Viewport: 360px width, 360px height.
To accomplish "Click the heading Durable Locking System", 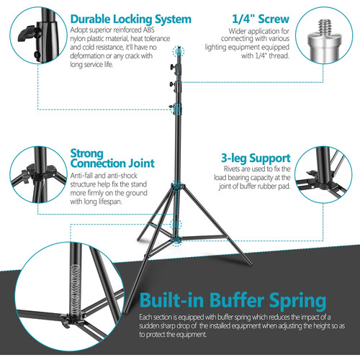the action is pos(131,19).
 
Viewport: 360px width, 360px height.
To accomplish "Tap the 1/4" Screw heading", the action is pos(261,19).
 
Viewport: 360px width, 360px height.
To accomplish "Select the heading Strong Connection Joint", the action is pos(112,158).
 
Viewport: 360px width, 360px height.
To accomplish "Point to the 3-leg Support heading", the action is pos(256,158).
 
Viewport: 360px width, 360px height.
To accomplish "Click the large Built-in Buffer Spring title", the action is pos(233,300).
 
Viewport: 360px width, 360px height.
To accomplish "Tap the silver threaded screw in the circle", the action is pos(325,41).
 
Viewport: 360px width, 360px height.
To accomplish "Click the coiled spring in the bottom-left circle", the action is pos(75,289).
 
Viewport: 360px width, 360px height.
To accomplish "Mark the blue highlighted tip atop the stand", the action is pos(179,51).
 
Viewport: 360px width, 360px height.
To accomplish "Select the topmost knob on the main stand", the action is pos(172,66).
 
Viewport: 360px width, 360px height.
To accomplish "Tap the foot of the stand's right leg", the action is pos(250,264).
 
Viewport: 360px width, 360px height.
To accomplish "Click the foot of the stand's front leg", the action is pos(125,311).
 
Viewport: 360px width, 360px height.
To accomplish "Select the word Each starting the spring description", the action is pos(145,318).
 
